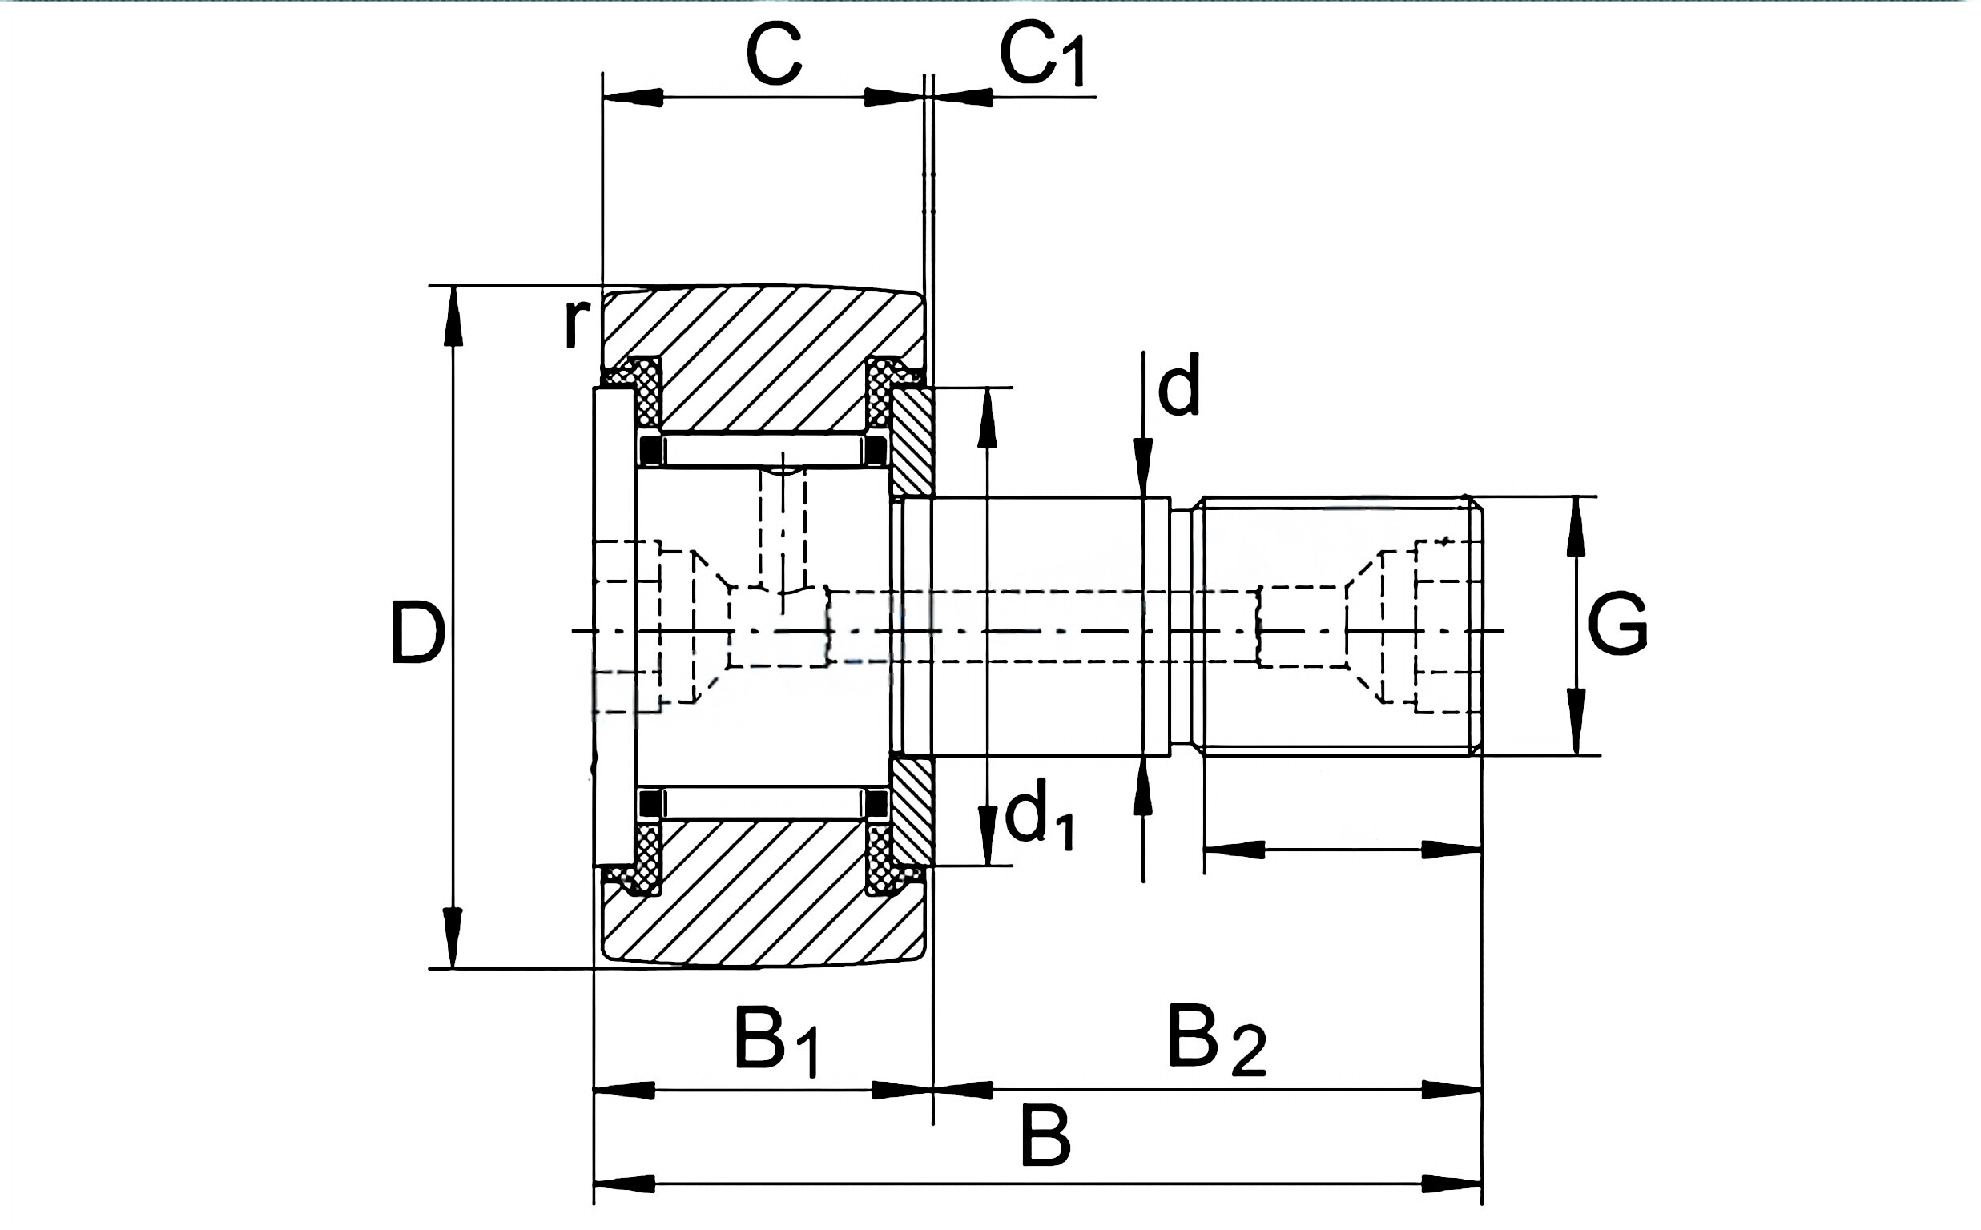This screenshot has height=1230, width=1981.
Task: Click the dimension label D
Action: click(x=417, y=632)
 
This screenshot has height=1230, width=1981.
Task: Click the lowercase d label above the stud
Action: click(x=1179, y=388)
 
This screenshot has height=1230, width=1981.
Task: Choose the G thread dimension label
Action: click(x=1617, y=624)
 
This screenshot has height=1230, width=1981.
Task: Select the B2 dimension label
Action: click(x=1216, y=1041)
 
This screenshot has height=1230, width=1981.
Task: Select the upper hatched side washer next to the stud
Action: click(x=913, y=442)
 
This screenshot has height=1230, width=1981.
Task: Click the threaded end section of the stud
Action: click(x=1335, y=626)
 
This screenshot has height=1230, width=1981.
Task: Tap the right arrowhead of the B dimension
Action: click(x=1453, y=1184)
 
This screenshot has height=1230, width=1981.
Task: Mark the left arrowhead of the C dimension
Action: click(x=630, y=98)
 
